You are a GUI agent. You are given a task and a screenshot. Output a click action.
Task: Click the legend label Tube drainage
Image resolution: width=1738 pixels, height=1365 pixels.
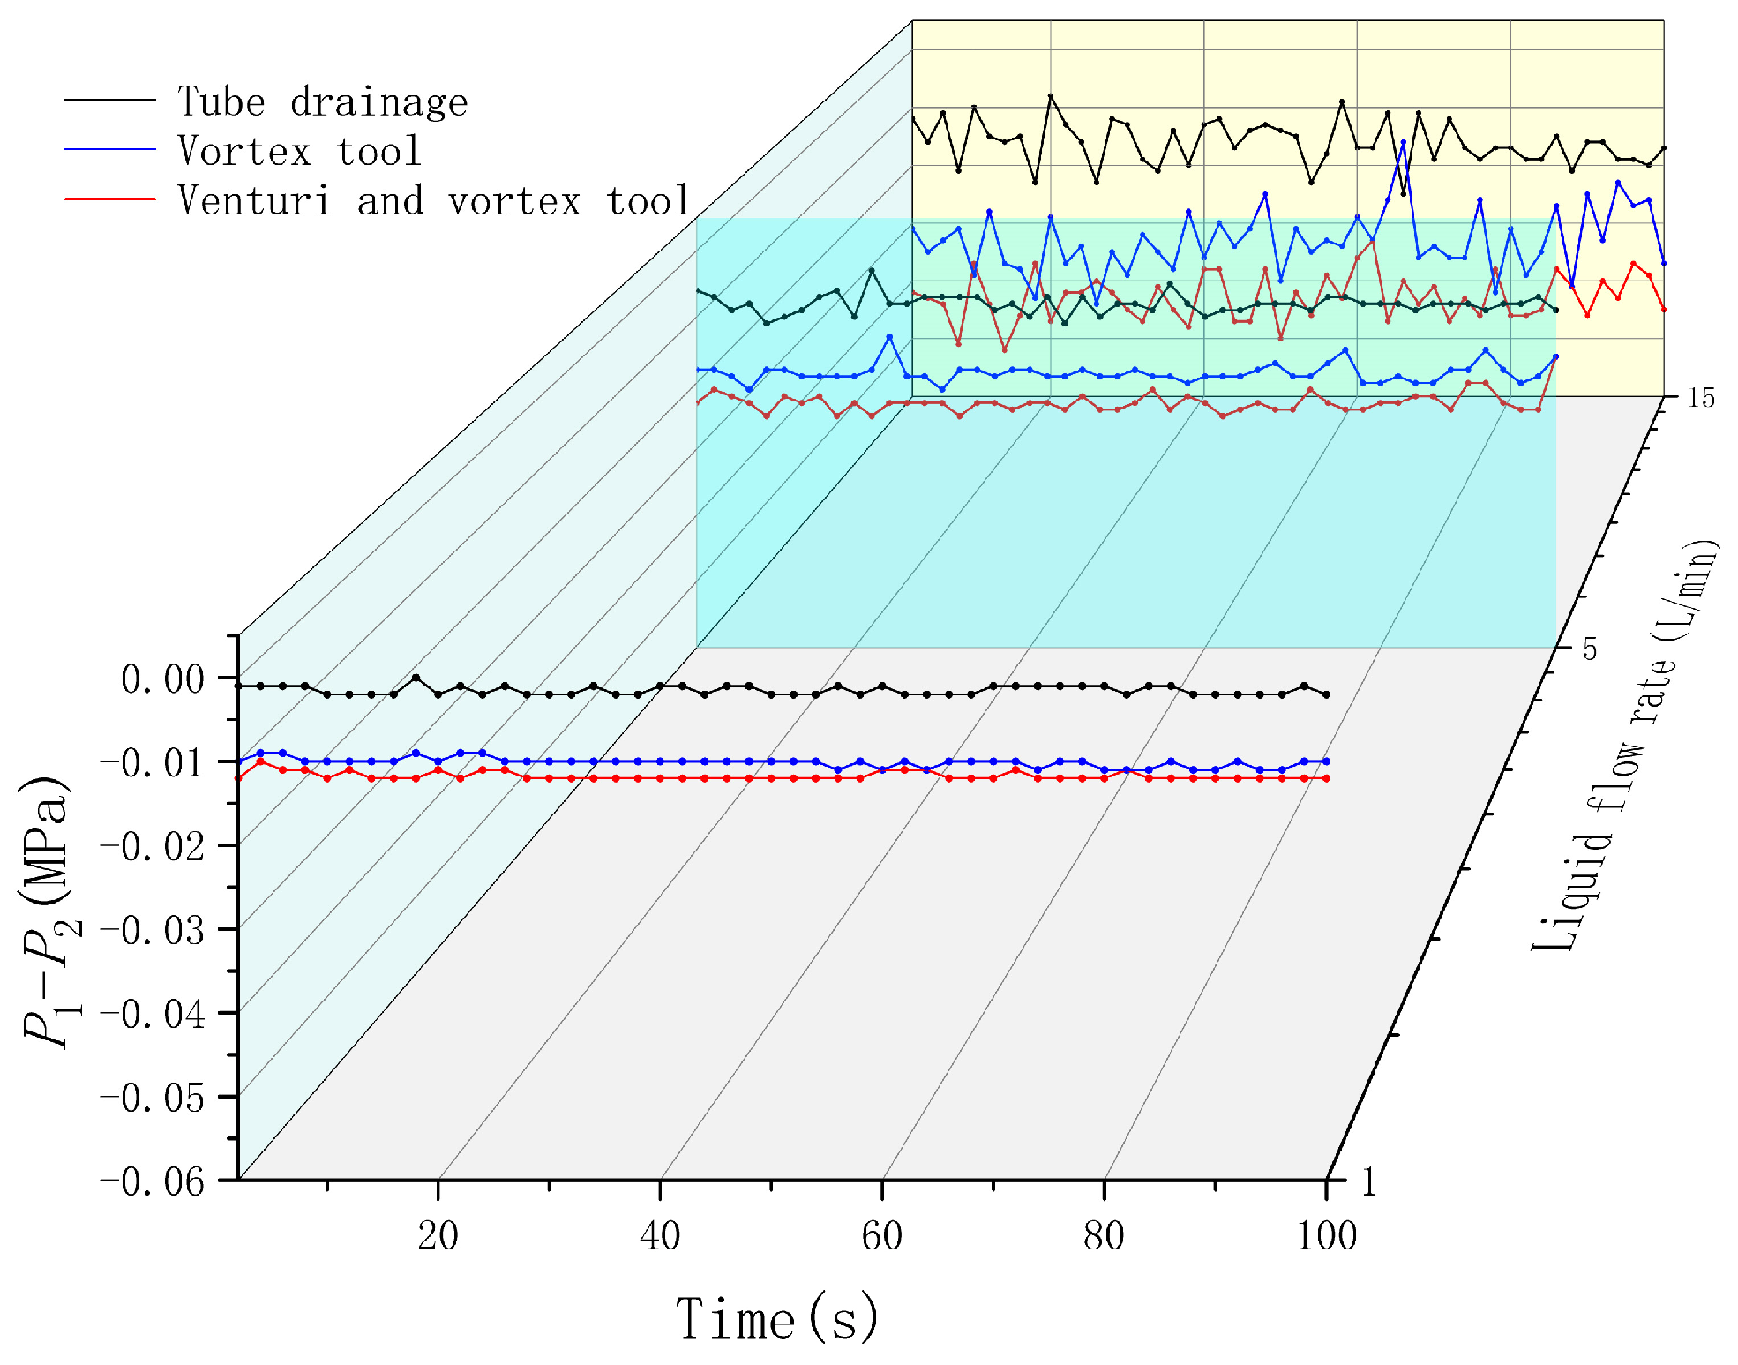click(322, 102)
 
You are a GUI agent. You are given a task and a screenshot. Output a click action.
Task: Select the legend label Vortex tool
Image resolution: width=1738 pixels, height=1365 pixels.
click(300, 152)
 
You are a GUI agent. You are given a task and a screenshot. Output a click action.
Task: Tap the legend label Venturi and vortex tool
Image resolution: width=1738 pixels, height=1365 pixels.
click(433, 201)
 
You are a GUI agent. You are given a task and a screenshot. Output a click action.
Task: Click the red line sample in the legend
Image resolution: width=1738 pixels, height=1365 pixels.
click(110, 200)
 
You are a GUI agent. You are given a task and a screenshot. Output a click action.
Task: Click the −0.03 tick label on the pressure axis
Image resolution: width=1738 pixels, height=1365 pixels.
click(153, 931)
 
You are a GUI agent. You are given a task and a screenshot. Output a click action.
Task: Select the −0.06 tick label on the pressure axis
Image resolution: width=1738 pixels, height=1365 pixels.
click(153, 1181)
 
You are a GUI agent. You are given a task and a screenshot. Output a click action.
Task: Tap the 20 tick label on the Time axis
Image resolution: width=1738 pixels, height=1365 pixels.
click(438, 1236)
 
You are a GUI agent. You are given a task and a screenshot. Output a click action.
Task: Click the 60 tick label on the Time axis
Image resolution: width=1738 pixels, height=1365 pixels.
click(882, 1236)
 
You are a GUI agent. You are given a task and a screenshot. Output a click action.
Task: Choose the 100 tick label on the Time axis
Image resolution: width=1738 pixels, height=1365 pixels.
click(1326, 1236)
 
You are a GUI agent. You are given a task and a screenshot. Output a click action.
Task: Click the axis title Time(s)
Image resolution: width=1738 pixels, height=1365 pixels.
click(777, 1318)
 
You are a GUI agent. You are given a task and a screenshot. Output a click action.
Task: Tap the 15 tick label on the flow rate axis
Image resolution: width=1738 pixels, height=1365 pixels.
click(1701, 399)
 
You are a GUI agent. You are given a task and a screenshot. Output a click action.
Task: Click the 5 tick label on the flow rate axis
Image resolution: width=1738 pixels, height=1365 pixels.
click(1589, 649)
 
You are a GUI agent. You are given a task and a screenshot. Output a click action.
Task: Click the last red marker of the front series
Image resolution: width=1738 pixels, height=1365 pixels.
click(1326, 778)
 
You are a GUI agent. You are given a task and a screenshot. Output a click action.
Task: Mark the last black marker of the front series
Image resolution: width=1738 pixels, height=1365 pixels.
click(1326, 694)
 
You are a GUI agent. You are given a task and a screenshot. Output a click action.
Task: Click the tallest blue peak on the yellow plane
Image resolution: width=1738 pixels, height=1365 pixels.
click(1403, 142)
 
